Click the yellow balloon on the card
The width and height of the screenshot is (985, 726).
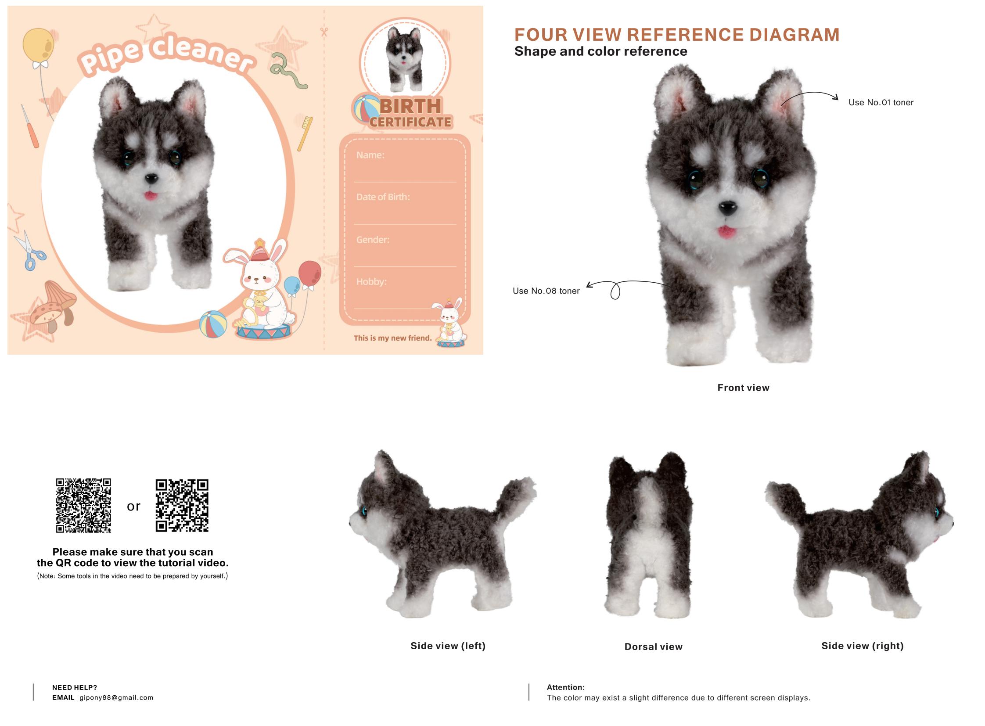[38, 45]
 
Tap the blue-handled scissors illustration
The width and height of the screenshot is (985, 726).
[29, 251]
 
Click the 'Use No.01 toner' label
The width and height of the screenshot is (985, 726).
[881, 102]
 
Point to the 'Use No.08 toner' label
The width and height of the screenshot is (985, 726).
[546, 291]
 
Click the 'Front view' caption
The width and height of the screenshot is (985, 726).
[743, 388]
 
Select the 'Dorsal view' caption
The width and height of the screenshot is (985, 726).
[653, 647]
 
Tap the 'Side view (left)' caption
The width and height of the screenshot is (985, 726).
[448, 646]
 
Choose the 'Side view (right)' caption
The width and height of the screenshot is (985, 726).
[863, 646]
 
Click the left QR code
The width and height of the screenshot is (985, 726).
[83, 505]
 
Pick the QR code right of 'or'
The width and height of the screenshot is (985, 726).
[182, 505]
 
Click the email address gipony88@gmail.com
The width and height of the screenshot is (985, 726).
[116, 697]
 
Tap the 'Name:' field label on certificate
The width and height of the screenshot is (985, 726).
[370, 155]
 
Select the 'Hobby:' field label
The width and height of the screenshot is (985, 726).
[371, 282]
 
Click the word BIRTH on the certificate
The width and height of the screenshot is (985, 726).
[410, 106]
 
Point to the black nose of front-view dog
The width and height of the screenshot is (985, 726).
[727, 208]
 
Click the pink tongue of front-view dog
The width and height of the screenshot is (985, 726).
[726, 231]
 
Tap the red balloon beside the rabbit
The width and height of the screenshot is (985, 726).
[309, 273]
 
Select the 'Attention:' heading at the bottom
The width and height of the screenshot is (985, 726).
[566, 687]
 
